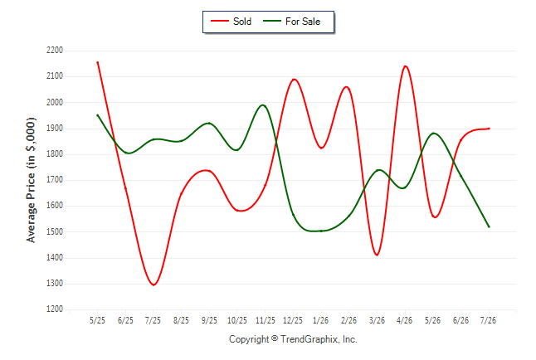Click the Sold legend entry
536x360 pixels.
point(231,22)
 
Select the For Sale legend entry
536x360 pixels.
point(291,22)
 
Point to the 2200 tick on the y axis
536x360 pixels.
point(55,51)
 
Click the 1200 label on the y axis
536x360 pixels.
point(55,309)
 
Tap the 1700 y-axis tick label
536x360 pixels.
point(55,179)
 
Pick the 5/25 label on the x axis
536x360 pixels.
point(97,320)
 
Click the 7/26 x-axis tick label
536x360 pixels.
point(488,320)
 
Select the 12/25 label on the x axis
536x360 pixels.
point(293,320)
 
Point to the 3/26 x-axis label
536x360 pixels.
point(377,320)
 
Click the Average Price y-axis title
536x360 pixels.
point(31,180)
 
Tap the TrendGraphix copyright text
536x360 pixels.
point(293,339)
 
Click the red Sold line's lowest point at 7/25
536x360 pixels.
point(153,285)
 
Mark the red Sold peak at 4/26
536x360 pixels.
point(405,66)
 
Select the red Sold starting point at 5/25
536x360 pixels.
point(98,62)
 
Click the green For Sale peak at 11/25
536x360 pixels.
point(262,105)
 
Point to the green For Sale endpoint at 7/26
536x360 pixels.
point(489,226)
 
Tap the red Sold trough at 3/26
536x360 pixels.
point(377,255)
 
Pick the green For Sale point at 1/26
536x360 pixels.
point(321,231)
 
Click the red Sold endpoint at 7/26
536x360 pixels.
point(489,129)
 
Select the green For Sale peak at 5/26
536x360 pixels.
point(433,133)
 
